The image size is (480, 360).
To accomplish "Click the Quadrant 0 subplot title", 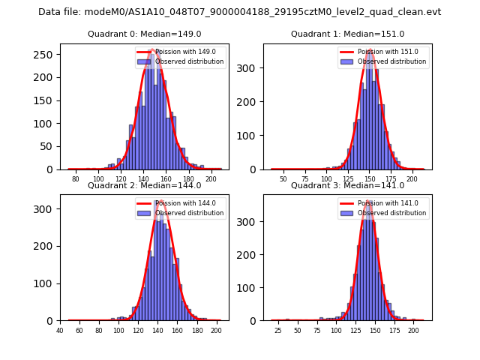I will click(x=144, y=34).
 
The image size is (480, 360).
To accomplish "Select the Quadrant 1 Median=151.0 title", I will click(x=347, y=34).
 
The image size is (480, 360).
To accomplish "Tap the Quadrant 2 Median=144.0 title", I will click(x=144, y=185).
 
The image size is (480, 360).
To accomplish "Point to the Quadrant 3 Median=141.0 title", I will click(x=347, y=185).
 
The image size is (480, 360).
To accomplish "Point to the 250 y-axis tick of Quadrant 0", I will click(x=46, y=55).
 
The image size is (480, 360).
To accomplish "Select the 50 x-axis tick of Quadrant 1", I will click(x=283, y=179).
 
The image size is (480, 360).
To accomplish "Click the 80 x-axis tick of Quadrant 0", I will click(x=76, y=179).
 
